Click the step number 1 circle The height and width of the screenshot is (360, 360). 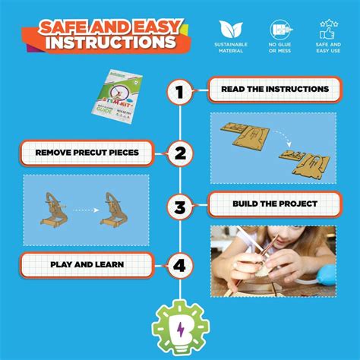[x=180, y=93]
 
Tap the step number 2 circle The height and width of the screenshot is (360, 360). [x=180, y=154]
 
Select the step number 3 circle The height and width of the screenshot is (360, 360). [x=180, y=206]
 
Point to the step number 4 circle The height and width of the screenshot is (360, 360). [x=180, y=266]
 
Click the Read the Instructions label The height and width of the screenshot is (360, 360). [x=264, y=90]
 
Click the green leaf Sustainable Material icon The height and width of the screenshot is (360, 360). [x=230, y=30]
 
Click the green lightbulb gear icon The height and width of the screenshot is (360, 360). [x=180, y=326]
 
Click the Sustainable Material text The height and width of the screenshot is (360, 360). [x=230, y=49]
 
